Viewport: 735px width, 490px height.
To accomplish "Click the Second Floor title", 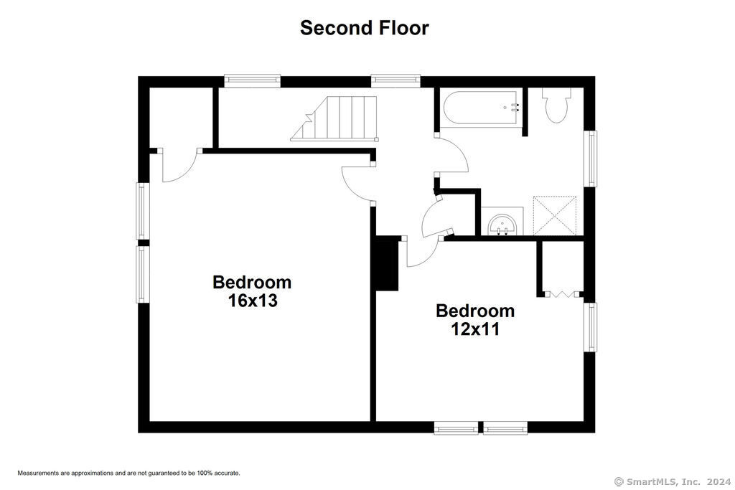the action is (364, 28).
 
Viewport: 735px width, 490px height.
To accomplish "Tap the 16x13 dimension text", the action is (253, 301).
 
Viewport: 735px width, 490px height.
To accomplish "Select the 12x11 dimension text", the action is (475, 329).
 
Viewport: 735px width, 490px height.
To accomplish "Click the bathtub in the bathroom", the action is (482, 108).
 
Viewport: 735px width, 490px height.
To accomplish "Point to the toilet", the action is (556, 104).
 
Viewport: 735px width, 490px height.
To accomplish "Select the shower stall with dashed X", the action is (555, 215).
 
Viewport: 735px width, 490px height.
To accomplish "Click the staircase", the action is (334, 118).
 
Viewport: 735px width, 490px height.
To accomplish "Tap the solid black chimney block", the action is (387, 263).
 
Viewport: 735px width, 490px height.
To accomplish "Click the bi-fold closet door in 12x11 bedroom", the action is (561, 295).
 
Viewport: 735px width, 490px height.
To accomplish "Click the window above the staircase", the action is (395, 80).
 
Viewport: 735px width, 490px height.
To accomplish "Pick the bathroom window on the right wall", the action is (590, 159).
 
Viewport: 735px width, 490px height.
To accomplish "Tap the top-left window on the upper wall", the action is (252, 80).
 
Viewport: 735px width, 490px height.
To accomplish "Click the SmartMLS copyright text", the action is (672, 481).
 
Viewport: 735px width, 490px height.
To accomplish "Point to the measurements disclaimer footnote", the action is (129, 473).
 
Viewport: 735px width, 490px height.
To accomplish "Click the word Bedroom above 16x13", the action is (252, 283).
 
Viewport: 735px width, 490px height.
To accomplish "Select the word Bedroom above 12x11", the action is (475, 311).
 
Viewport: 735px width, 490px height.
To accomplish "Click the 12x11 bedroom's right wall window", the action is (590, 327).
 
